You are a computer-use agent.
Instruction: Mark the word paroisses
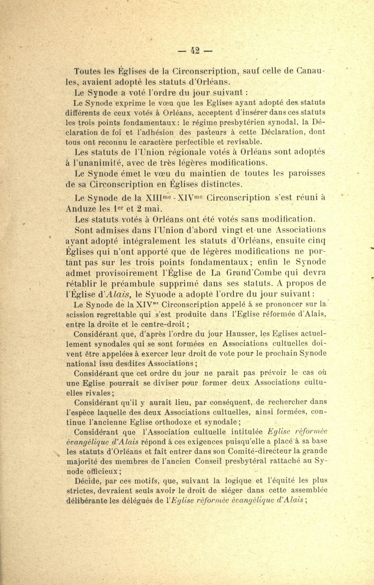[x=301, y=173]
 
